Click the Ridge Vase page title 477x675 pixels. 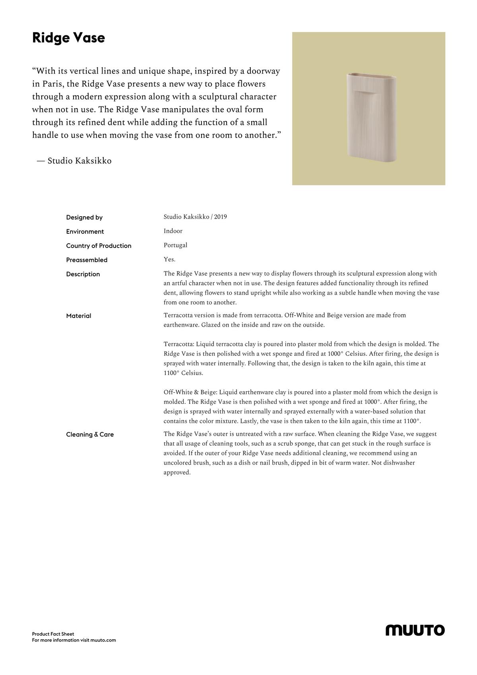[x=68, y=38]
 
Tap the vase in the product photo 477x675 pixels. [x=371, y=118]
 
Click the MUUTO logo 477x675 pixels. [x=415, y=630]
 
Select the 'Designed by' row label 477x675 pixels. [x=84, y=217]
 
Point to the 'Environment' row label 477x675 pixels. [x=85, y=232]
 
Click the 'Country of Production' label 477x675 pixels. [x=99, y=246]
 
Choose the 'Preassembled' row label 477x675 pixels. [x=87, y=260]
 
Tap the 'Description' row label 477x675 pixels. [x=83, y=274]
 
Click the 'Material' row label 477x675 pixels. [x=79, y=316]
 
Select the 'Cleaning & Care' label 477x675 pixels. [x=90, y=434]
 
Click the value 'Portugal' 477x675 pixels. [x=175, y=245]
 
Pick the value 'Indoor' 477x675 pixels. [x=173, y=231]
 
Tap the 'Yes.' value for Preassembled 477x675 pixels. [x=169, y=260]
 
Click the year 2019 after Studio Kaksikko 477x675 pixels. [x=220, y=217]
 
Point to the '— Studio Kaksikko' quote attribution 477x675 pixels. [x=74, y=161]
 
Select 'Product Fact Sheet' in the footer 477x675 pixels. [x=53, y=634]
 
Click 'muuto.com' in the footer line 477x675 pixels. [x=103, y=640]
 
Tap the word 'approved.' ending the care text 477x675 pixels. [x=177, y=473]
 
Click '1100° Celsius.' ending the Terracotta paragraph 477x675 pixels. [x=183, y=373]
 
